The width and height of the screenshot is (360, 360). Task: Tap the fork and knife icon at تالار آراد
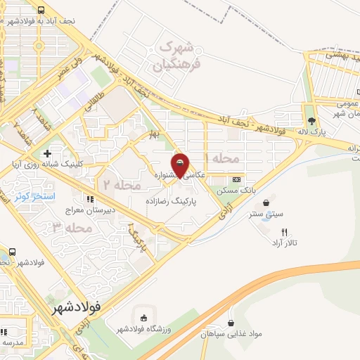click(x=284, y=231)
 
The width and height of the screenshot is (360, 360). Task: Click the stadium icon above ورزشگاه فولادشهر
click(x=145, y=319)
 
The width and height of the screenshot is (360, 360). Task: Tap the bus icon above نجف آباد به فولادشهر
click(x=41, y=11)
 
